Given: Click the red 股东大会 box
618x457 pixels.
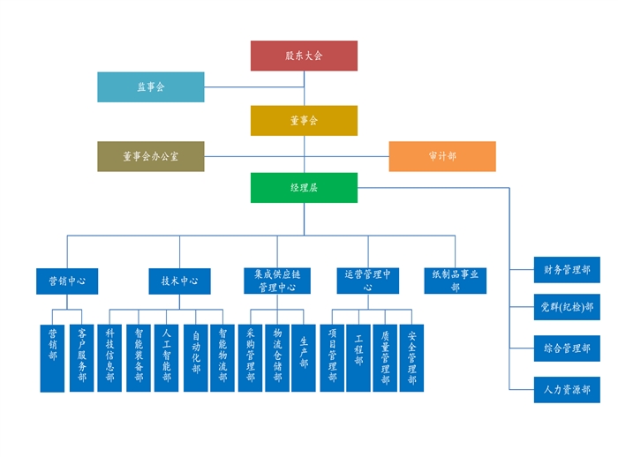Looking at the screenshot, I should [x=304, y=56].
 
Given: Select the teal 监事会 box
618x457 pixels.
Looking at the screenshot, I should [x=150, y=86].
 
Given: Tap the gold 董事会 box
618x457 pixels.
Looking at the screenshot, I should [x=304, y=120].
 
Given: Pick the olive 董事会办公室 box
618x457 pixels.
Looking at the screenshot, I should [x=150, y=156].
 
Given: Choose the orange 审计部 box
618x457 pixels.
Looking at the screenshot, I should [x=442, y=156].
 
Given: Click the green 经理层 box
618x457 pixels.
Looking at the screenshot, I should [x=304, y=188].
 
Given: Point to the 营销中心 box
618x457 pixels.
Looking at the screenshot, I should [x=66, y=281].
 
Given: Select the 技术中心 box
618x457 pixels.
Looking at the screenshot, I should [x=179, y=281].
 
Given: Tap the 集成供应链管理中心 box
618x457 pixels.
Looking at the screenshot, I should [x=276, y=281].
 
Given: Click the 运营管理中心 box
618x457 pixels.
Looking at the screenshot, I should [x=368, y=281].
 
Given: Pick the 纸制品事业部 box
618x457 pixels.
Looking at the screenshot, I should [x=456, y=281].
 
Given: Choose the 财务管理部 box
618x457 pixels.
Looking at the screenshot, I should [x=567, y=270].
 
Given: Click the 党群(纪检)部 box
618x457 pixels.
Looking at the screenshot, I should [x=567, y=308].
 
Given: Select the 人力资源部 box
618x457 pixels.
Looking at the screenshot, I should [x=567, y=389].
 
